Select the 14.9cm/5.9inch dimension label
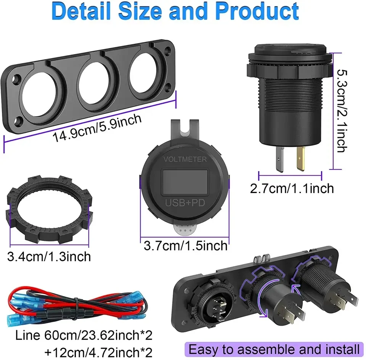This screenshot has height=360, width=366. tap(97, 128)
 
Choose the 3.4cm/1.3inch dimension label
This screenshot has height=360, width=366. tap(49, 256)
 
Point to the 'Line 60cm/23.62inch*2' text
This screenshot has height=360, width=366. tap(84, 335)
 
